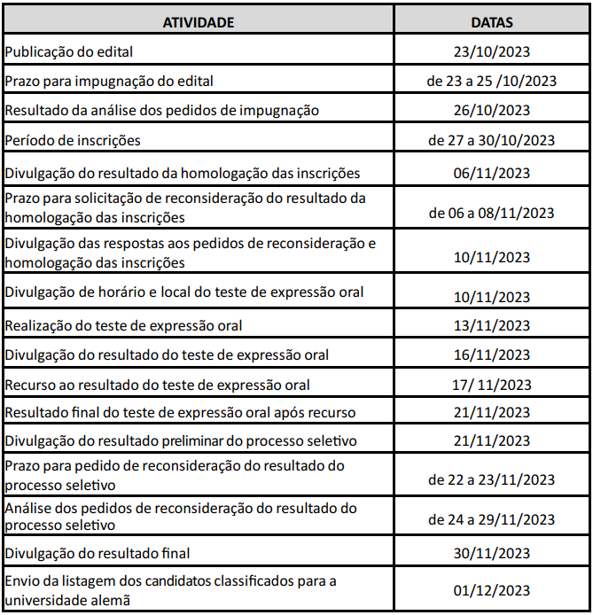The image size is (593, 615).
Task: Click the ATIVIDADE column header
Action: click(199, 22)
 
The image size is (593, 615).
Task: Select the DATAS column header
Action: click(492, 22)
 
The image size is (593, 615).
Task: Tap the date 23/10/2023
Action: click(491, 51)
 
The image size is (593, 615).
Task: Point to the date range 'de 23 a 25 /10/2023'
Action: click(491, 82)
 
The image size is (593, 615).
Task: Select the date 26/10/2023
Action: click(491, 111)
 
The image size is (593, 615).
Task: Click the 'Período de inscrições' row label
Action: click(73, 140)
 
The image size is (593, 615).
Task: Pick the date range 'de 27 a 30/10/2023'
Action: click(491, 140)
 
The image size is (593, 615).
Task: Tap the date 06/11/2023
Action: click(491, 173)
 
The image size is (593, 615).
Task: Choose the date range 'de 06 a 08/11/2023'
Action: click(491, 213)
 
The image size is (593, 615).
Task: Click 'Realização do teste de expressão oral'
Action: click(123, 325)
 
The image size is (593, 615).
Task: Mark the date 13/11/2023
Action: click(491, 325)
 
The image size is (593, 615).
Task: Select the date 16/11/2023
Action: click(491, 355)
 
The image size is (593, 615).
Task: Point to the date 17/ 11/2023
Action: click(491, 385)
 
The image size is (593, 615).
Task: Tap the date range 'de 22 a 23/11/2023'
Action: click(491, 479)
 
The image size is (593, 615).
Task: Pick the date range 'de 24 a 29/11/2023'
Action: click(491, 519)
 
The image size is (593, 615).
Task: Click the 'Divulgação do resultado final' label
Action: click(98, 553)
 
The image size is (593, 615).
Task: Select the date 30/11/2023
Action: click(491, 553)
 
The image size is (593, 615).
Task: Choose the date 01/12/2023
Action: click(491, 591)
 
